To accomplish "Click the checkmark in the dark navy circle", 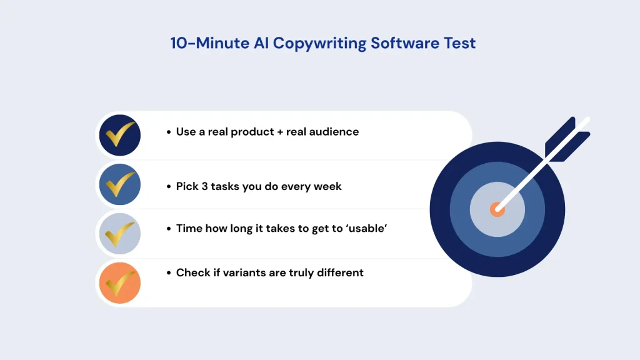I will (x=120, y=134).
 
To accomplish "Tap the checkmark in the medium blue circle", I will (x=120, y=184).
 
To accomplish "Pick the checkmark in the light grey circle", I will (x=120, y=232).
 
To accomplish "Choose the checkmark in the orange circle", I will (x=120, y=282).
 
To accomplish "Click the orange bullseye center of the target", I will (x=497, y=209).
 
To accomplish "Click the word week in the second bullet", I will (x=329, y=186).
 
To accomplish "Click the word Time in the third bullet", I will (x=189, y=228).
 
